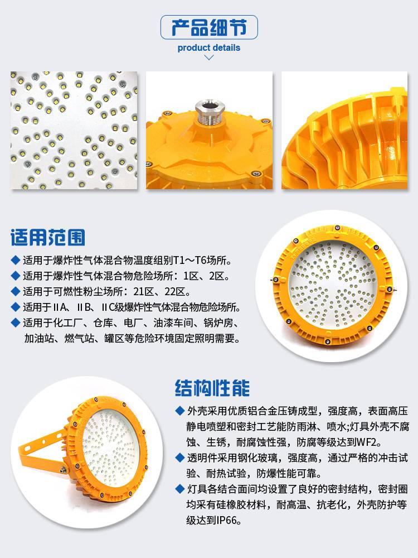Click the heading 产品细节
209,27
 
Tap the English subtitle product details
209,47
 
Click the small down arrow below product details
209,57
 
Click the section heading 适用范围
47,237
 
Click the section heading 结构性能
212,388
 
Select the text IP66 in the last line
226,520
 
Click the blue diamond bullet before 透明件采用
180,458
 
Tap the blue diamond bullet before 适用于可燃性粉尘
15,291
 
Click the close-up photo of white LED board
74,130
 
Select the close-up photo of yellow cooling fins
344,130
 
